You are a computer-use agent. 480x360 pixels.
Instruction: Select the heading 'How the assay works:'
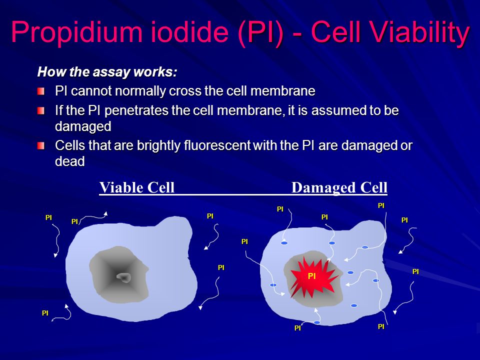tap(107, 72)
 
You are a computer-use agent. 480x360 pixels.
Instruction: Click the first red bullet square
tap(41, 91)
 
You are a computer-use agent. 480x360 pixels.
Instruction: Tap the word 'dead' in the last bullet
tap(70, 161)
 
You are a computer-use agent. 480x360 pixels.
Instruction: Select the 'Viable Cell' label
tap(137, 187)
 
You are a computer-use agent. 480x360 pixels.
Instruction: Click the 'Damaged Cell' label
tap(339, 187)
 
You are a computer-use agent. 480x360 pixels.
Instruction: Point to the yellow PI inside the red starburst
tap(311, 276)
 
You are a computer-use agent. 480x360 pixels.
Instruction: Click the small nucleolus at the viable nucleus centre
tap(124, 277)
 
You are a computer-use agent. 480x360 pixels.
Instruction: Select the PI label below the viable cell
tap(45, 313)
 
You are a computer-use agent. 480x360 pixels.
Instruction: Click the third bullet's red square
tap(41, 145)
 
